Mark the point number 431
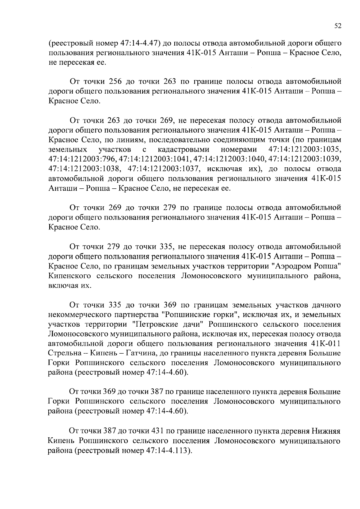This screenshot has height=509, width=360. point(157,431)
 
